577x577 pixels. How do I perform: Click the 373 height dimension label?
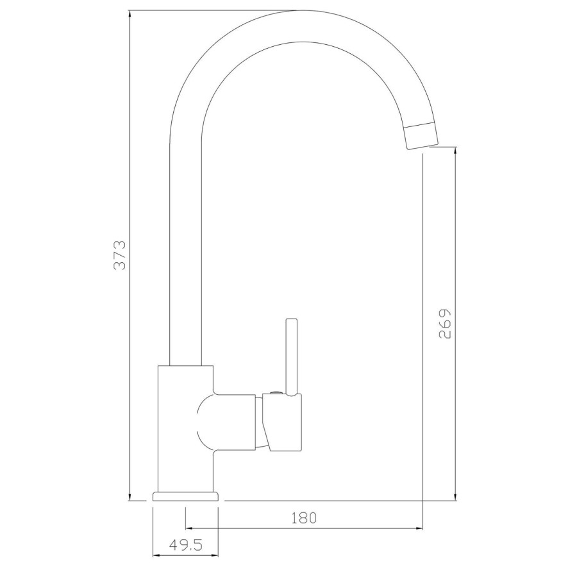[x=121, y=255]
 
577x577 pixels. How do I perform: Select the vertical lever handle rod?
[x=292, y=356]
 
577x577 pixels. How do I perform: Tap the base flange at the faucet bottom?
[x=186, y=496]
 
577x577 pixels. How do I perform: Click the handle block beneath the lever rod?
[x=284, y=422]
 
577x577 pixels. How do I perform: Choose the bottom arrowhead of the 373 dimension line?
[x=130, y=497]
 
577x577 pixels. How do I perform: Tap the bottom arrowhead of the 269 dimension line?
[x=455, y=497]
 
